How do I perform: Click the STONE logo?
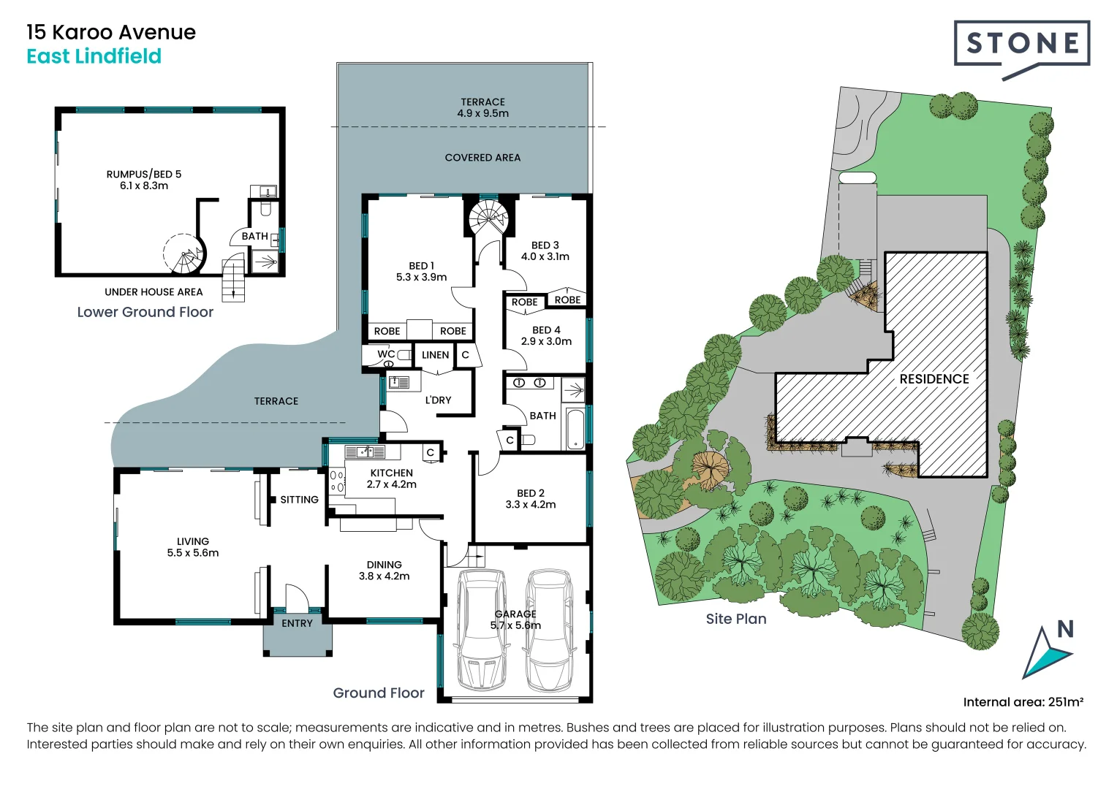(1021, 45)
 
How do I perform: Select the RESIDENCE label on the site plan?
(934, 379)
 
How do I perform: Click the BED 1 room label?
(421, 271)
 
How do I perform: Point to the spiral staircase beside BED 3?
(488, 218)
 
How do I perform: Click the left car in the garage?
(480, 630)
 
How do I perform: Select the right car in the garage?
(550, 630)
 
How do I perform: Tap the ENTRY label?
(297, 623)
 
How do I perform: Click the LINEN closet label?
(435, 355)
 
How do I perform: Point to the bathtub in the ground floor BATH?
(575, 429)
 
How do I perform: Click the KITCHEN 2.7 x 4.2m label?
(391, 479)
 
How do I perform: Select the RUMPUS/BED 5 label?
(144, 180)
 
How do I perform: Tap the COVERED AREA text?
(482, 158)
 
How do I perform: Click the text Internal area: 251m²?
(1023, 702)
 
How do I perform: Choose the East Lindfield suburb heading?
(94, 56)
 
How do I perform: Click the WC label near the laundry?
(386, 354)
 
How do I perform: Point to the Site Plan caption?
(735, 619)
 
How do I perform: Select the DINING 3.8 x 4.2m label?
(384, 570)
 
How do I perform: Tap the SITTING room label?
(299, 500)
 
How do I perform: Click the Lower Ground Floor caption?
(145, 312)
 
